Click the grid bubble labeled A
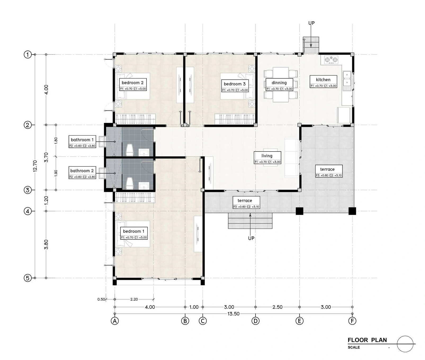pos(115,321)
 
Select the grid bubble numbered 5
pos(28,278)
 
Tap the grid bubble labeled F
pos(352,321)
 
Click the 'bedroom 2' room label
pos(133,83)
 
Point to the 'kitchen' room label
pos(323,79)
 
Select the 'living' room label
pos(267,156)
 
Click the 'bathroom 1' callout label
pos(82,140)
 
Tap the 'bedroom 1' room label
pos(134,231)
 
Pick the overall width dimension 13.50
pos(233,314)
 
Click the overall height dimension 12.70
pos(35,166)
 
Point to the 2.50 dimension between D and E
pos(278,307)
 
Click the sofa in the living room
pos(292,157)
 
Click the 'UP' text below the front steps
pos(251,238)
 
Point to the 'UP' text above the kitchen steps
pos(311,23)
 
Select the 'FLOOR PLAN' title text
pos(367,340)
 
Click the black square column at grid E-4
pos(299,211)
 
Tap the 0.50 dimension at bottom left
pos(101,299)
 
